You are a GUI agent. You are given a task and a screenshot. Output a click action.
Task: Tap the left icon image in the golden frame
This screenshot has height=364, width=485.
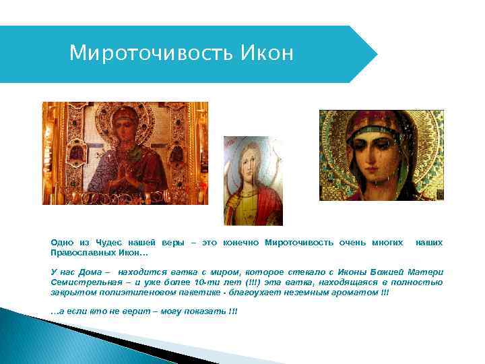click(x=125, y=153)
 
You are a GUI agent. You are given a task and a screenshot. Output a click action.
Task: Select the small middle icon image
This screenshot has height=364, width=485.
click(x=253, y=180)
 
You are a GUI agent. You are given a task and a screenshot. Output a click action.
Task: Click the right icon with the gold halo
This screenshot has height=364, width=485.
click(x=382, y=155)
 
